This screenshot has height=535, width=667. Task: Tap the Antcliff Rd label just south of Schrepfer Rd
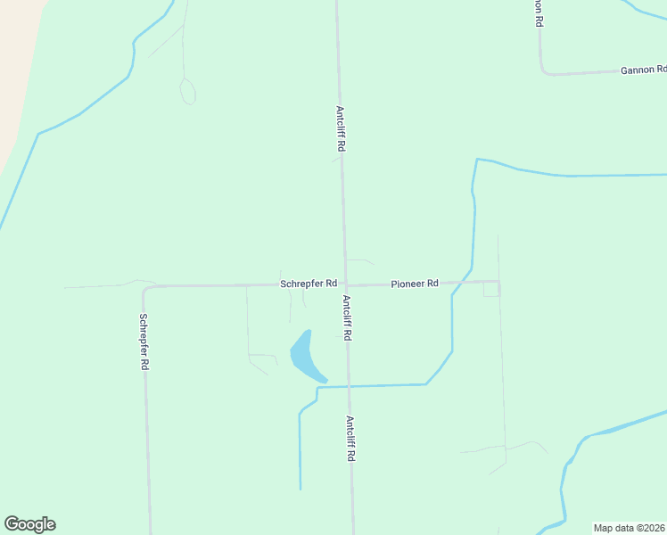[x=346, y=318]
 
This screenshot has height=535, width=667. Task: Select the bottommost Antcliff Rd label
[x=351, y=438]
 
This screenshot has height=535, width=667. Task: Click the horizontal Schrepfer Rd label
[x=308, y=284]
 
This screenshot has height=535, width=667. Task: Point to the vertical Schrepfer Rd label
[x=144, y=342]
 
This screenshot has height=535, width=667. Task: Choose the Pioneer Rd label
[x=415, y=284]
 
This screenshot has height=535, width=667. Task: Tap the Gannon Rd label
[x=643, y=70]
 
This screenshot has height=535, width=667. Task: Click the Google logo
[x=29, y=524]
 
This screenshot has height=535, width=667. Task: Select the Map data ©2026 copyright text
[x=630, y=528]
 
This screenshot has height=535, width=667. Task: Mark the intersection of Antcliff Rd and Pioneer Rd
[x=345, y=284]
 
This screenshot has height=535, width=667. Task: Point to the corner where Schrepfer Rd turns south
[x=145, y=288]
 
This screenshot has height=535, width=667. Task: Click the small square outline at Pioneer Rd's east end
[x=491, y=290]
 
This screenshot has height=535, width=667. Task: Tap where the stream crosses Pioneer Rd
[x=460, y=283]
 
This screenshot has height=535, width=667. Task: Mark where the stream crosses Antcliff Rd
[x=348, y=386]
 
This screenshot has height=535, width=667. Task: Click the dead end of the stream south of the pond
[x=301, y=488]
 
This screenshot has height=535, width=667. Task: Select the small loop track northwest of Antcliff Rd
[x=188, y=91]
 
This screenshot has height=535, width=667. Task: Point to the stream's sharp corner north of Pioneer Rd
[x=477, y=160]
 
